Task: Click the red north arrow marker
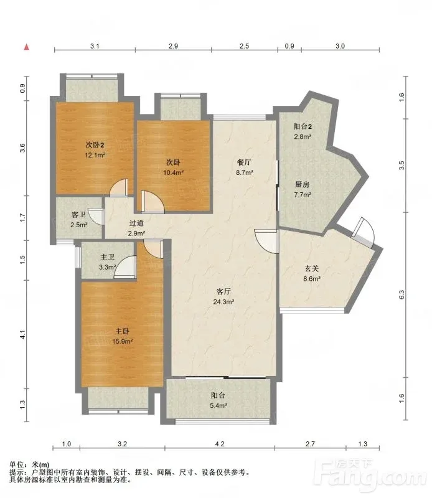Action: (x=27, y=47)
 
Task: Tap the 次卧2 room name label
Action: (x=95, y=145)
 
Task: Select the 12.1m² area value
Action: (x=95, y=155)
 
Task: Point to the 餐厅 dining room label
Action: (x=244, y=162)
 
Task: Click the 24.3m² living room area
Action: (x=223, y=302)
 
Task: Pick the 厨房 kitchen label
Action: (x=302, y=184)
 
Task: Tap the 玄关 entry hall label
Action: (x=312, y=269)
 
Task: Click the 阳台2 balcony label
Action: (x=303, y=126)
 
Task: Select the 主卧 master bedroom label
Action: (x=122, y=331)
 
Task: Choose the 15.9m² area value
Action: (x=122, y=341)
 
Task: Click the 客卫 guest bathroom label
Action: (x=79, y=215)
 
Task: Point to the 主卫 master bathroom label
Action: (x=107, y=256)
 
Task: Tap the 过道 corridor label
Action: (x=136, y=223)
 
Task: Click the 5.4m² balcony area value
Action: (x=218, y=406)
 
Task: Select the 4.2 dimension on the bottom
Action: (x=220, y=444)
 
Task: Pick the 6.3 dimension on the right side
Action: (x=402, y=294)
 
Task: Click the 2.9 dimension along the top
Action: (x=173, y=46)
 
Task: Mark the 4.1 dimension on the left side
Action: (x=22, y=334)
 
